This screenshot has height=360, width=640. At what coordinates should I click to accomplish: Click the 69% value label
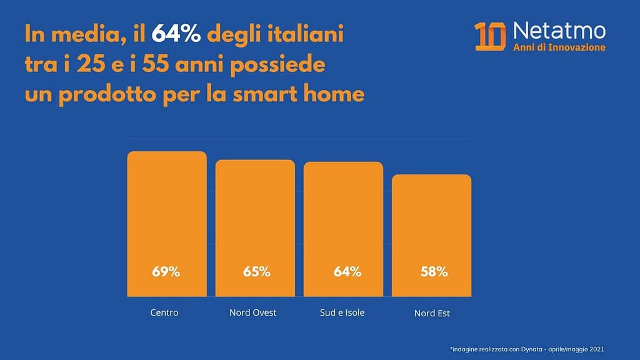click(x=166, y=272)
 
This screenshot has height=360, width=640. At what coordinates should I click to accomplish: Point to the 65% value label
click(x=256, y=272)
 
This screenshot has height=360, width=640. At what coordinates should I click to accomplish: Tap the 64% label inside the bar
click(x=347, y=272)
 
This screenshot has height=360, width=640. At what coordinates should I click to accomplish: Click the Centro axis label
click(x=164, y=312)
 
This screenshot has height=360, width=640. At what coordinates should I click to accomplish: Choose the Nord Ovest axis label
click(x=252, y=312)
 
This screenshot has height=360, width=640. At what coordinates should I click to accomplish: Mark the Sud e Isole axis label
click(x=342, y=312)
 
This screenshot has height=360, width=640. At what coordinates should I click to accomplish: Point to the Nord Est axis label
click(x=432, y=312)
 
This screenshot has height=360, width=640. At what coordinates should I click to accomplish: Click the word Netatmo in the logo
click(x=559, y=30)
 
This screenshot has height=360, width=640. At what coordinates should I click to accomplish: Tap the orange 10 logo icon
click(x=490, y=36)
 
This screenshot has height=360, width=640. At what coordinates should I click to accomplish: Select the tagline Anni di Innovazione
click(x=559, y=47)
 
